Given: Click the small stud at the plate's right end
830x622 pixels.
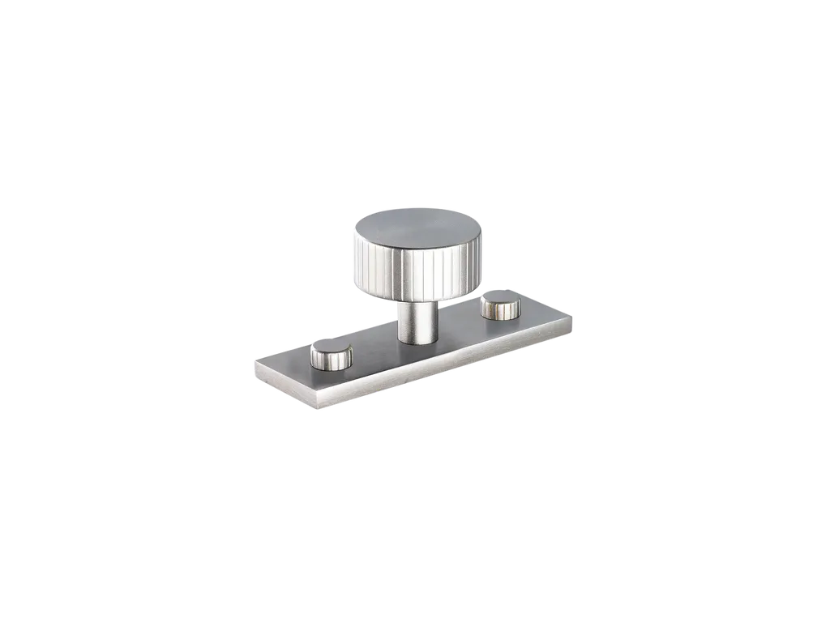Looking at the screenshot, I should pyautogui.click(x=500, y=306).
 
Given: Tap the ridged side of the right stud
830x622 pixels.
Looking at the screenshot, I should pyautogui.click(x=500, y=313).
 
